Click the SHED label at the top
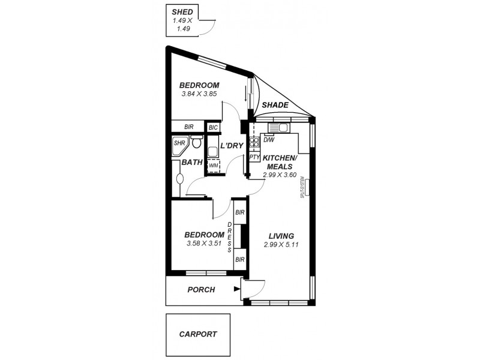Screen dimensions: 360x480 (x=182, y=11)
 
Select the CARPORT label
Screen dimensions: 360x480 (x=197, y=334)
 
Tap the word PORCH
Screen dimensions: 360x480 (x=201, y=290)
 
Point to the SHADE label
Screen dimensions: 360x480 (x=275, y=105)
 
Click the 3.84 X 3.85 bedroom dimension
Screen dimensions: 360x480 (x=199, y=94)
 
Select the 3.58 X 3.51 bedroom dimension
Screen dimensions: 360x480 (x=204, y=243)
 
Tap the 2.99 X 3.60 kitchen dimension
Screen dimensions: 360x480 (x=280, y=175)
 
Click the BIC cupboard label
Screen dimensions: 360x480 (x=213, y=127)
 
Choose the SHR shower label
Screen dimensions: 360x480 (x=179, y=143)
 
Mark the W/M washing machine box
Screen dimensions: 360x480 (x=214, y=165)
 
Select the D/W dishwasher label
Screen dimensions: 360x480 (x=269, y=140)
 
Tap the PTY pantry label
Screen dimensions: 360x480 (x=254, y=158)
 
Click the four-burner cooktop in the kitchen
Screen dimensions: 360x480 (x=254, y=142)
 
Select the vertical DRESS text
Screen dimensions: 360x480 (x=229, y=237)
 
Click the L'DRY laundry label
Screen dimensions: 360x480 (x=231, y=146)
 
